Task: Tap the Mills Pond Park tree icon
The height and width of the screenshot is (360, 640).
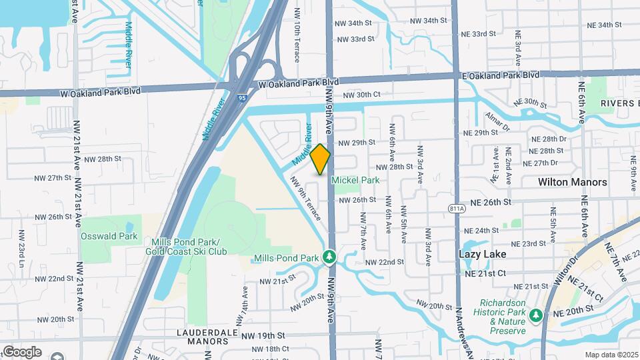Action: pos(328,257)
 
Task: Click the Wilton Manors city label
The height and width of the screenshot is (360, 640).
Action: pos(573,182)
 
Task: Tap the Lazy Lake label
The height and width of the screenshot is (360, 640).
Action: pos(483,254)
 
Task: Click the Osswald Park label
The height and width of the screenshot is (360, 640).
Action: pos(109,236)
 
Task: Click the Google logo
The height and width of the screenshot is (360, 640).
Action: pos(22,351)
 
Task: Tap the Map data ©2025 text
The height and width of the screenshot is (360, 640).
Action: pos(610,355)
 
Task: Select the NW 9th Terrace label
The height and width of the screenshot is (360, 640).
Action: pos(305,198)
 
